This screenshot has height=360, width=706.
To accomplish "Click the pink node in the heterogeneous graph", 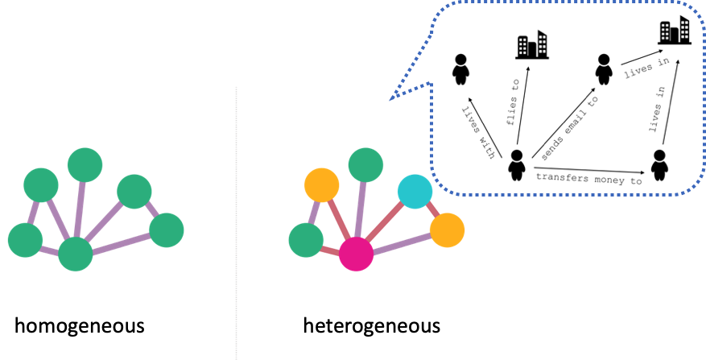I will pos(356,254).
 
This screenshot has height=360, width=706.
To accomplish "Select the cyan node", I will pos(415,192).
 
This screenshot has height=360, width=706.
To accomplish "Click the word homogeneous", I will pos(80,326).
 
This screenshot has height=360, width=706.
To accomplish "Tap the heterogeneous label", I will pos(371,326).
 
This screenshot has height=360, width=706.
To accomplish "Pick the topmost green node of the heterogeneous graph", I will pos(366,165).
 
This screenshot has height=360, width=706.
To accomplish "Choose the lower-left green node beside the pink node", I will pos(306,240).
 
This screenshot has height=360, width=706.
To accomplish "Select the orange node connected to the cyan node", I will pos(447,230).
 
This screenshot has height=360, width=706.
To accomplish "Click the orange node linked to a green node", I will pos(321,185).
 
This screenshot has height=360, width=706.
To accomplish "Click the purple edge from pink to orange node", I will pos(402,242).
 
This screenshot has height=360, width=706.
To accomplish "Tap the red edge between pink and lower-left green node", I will pos(330,250).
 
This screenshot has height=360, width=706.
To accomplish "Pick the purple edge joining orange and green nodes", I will pos(314,213).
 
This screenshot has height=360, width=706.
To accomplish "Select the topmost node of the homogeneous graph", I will pos(85,165).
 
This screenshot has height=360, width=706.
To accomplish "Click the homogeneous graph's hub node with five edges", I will pos(76,254).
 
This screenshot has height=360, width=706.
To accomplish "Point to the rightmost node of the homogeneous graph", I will pos(167,230).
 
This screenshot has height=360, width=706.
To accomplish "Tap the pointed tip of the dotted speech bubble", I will pos(391,100).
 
